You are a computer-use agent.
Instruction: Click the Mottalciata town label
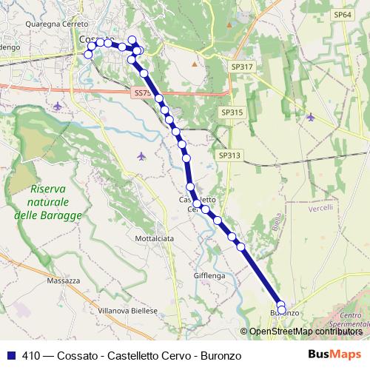155,239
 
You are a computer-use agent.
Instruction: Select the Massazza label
62,281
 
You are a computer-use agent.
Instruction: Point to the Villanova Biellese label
130,312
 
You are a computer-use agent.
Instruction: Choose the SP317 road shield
242,67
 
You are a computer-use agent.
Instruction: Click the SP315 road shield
231,112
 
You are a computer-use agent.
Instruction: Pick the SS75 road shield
144,93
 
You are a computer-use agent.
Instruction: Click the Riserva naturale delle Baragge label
48,202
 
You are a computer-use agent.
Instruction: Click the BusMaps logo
334,355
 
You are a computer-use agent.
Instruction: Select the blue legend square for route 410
11,356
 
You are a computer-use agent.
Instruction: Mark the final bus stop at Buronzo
281,309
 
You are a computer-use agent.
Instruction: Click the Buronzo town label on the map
284,314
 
